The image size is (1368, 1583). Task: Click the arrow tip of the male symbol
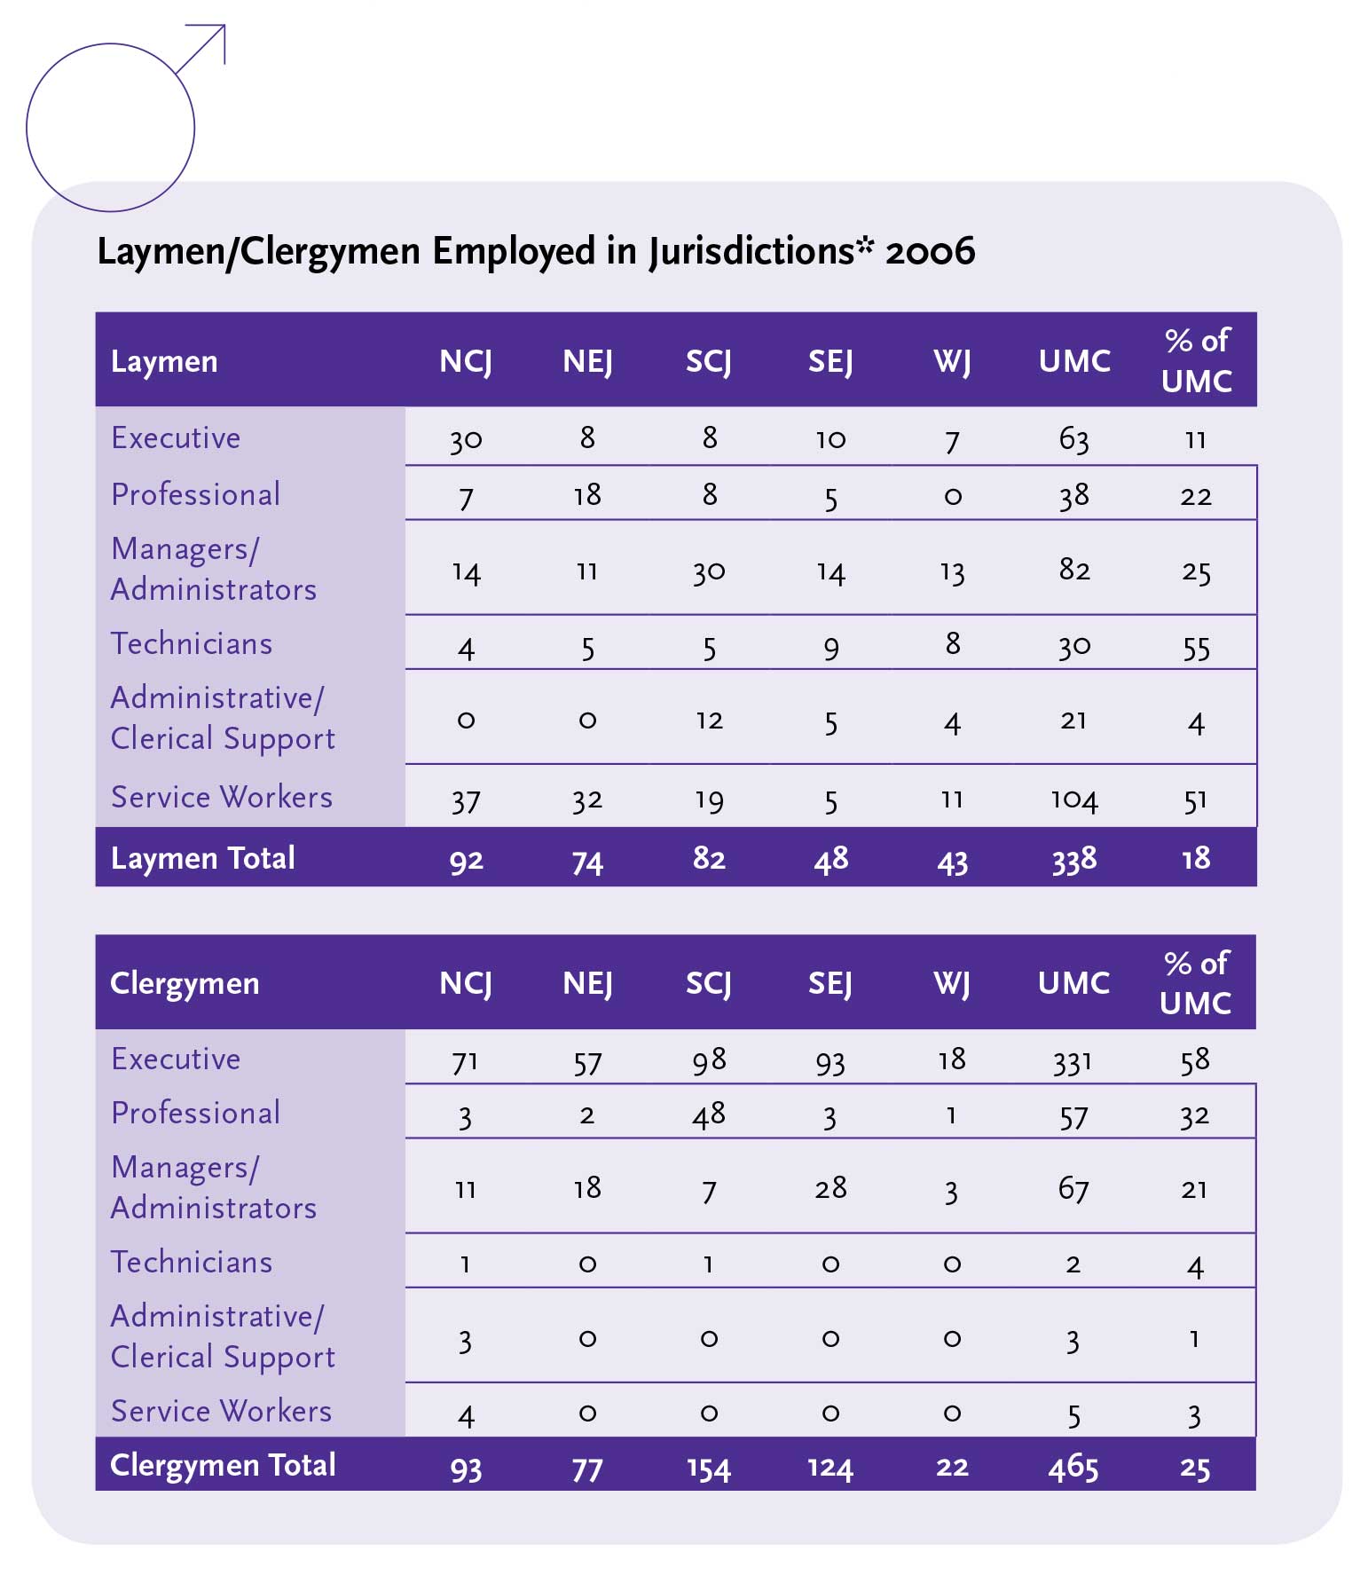coord(223,28)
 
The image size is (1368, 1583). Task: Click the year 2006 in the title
coord(930,252)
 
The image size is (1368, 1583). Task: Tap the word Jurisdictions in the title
coord(751,252)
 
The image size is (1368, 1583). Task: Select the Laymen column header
coord(164,362)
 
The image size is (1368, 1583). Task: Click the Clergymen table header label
coord(185,984)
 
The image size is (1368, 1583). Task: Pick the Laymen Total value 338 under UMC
coord(1073,859)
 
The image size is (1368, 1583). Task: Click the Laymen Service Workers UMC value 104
coord(1073,799)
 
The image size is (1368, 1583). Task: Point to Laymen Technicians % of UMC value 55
coord(1196,648)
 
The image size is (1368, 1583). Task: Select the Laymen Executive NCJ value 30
coord(466,439)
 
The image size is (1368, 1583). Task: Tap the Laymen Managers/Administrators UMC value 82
coord(1073,570)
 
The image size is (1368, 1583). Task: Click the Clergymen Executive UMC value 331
coord(1073,1061)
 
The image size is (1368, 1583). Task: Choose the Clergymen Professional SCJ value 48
coord(708,1114)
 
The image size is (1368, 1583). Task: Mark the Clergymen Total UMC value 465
coord(1073,1467)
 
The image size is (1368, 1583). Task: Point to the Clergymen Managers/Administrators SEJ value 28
coord(830,1188)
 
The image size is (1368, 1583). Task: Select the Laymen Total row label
coord(203,859)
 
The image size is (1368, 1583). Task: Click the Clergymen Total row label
coord(223,1465)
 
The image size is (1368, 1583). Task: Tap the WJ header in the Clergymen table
coord(952,984)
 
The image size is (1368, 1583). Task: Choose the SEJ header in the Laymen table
coord(830,362)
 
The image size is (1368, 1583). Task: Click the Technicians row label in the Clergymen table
coord(192,1263)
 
